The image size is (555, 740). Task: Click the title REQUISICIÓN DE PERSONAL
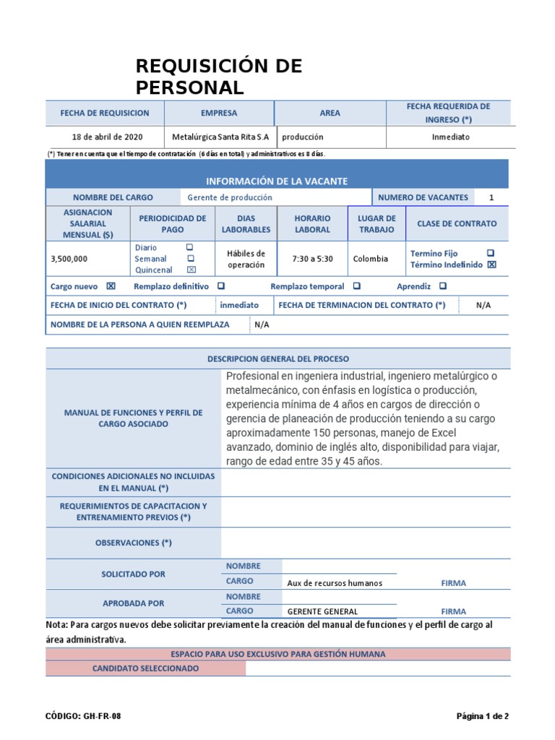pyautogui.click(x=219, y=77)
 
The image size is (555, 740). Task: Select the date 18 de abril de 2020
pyautogui.click(x=107, y=137)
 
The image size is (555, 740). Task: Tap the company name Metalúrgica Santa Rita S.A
pyautogui.click(x=220, y=137)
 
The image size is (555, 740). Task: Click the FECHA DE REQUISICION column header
pyautogui.click(x=105, y=113)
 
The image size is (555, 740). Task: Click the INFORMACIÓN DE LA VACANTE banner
pyautogui.click(x=277, y=181)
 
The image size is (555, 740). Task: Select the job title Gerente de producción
pyautogui.click(x=230, y=197)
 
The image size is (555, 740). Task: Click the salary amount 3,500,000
pyautogui.click(x=69, y=259)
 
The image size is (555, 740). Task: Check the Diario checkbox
pyautogui.click(x=190, y=247)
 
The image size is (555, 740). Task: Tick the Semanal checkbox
pyautogui.click(x=191, y=258)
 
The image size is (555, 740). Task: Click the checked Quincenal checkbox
pyautogui.click(x=191, y=270)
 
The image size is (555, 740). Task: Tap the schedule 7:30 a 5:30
pyautogui.click(x=312, y=259)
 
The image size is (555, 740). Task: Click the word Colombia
pyautogui.click(x=370, y=259)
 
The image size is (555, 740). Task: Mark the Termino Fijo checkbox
pyautogui.click(x=491, y=253)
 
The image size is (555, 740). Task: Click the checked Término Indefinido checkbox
pyautogui.click(x=491, y=264)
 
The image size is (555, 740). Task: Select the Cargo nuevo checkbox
pyautogui.click(x=111, y=286)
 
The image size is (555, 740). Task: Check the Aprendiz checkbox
pyautogui.click(x=442, y=286)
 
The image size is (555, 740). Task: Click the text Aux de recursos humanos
pyautogui.click(x=335, y=583)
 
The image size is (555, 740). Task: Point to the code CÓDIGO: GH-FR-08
pyautogui.click(x=83, y=716)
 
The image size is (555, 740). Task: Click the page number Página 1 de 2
pyautogui.click(x=482, y=716)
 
